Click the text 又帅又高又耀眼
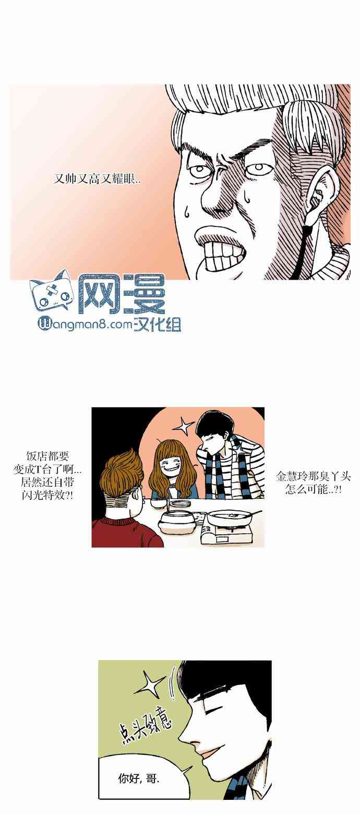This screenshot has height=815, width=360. point(97,179)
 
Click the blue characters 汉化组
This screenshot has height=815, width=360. point(157,325)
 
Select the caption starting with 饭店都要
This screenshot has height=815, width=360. point(47,476)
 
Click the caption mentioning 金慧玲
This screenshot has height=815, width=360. point(313,482)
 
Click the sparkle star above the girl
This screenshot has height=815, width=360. point(184,426)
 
